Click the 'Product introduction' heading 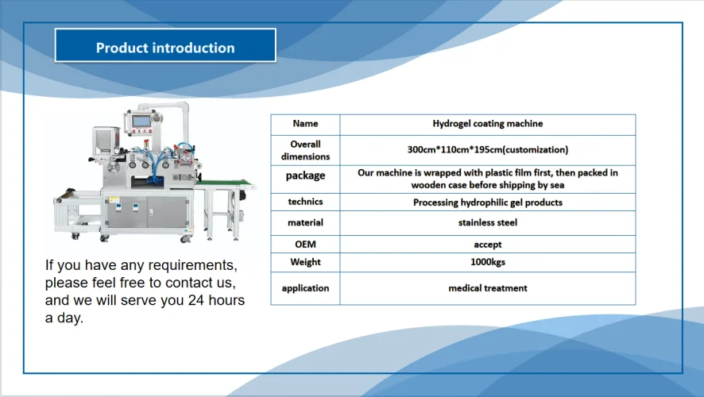pos(165,48)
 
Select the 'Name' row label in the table pos(305,124)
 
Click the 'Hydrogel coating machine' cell pos(487,124)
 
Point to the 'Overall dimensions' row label pos(305,150)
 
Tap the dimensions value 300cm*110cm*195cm pos(487,149)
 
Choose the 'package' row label pos(305,176)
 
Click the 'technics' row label pos(305,202)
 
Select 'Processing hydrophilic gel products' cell pos(487,202)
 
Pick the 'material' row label pos(305,223)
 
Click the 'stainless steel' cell pos(487,223)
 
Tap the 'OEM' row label pos(305,245)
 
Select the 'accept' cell pos(487,245)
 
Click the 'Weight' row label pos(305,262)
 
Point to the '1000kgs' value pos(487,262)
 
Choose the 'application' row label pos(305,288)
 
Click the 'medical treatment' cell pos(487,288)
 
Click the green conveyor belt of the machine pos(226,185)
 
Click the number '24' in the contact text pos(196,301)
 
